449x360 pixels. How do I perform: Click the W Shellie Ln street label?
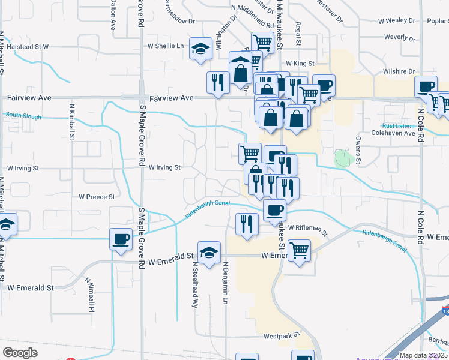[166, 46]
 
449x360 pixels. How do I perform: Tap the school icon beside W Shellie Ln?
[200, 49]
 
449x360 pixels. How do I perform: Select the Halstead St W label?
[27, 46]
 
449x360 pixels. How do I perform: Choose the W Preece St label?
[97, 197]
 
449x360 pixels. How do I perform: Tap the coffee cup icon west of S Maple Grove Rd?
[121, 239]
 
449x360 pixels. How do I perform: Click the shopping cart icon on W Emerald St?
[298, 250]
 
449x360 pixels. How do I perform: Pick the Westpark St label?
[282, 336]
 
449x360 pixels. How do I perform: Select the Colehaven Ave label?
[393, 133]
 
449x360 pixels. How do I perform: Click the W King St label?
[300, 62]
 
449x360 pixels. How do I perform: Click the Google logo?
[20, 352]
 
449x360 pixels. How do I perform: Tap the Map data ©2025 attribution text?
[423, 355]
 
